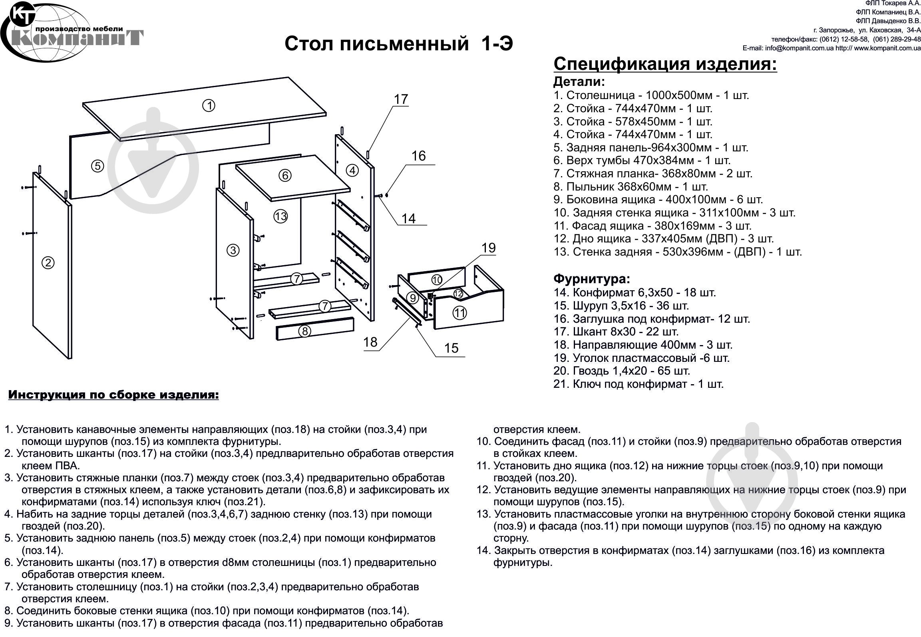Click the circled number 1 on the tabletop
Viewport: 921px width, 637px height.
pyautogui.click(x=209, y=105)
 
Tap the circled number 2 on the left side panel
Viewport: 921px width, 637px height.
pyautogui.click(x=48, y=263)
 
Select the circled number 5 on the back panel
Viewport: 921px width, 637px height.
pyautogui.click(x=97, y=166)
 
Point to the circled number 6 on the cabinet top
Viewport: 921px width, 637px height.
pyautogui.click(x=285, y=175)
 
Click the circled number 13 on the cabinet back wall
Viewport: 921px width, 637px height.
pyautogui.click(x=280, y=216)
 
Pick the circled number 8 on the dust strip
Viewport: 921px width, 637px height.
pyautogui.click(x=305, y=331)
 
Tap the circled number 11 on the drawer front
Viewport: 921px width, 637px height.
pyautogui.click(x=460, y=313)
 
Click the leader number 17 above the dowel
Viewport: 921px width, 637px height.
pyautogui.click(x=401, y=99)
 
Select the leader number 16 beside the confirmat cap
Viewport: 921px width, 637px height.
pyautogui.click(x=419, y=156)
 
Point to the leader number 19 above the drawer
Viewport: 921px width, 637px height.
pyautogui.click(x=488, y=248)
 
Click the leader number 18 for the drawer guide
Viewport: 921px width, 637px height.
pyautogui.click(x=370, y=342)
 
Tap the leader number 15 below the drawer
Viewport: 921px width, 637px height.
pyautogui.click(x=451, y=348)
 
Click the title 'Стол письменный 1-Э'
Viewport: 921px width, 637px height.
pyautogui.click(x=398, y=44)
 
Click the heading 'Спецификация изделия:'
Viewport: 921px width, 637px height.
pyautogui.click(x=665, y=64)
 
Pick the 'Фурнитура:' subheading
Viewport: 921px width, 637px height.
pyautogui.click(x=591, y=278)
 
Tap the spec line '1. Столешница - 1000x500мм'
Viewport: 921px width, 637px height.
pyautogui.click(x=651, y=95)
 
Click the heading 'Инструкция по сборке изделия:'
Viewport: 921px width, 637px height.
pyautogui.click(x=113, y=395)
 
